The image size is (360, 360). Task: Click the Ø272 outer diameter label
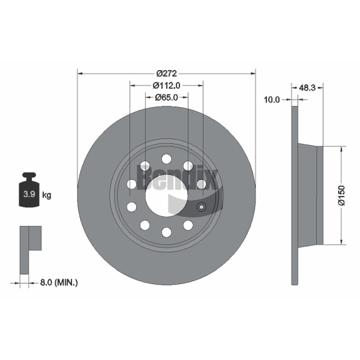click(x=166, y=73)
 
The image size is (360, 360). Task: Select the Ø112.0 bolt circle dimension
click(x=166, y=85)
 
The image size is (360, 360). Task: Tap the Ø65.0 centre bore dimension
click(x=166, y=98)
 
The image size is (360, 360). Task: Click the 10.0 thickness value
click(x=272, y=99)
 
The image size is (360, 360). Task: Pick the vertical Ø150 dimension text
click(x=342, y=195)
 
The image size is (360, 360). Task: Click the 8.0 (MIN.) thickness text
click(x=59, y=283)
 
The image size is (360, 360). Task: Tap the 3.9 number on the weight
click(x=29, y=194)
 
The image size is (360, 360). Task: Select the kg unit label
click(x=47, y=195)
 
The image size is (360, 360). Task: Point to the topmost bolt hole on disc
click(x=166, y=159)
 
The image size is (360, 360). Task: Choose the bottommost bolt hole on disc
click(x=166, y=232)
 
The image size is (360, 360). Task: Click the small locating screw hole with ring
click(x=201, y=207)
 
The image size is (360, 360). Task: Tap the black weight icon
click(x=29, y=190)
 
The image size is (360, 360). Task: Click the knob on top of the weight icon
click(x=29, y=175)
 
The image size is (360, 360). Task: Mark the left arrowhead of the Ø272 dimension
click(x=80, y=73)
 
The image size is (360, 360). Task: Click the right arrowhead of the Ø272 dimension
click(x=253, y=73)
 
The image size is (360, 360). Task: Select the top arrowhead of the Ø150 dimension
click(x=342, y=149)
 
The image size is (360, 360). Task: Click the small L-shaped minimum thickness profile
click(x=31, y=250)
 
